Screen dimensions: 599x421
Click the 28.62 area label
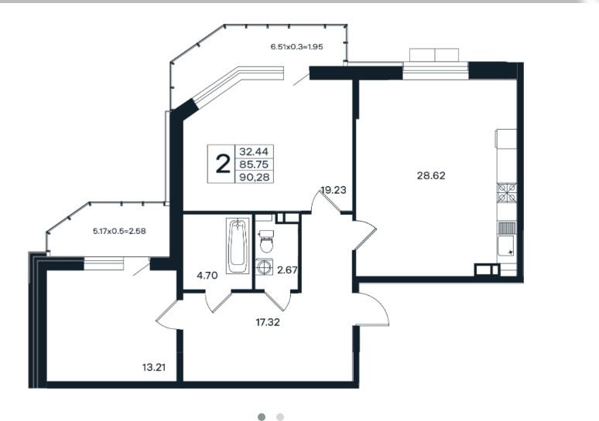coord(431,176)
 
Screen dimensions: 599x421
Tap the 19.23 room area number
coord(334,190)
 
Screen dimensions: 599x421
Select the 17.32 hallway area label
coord(268,323)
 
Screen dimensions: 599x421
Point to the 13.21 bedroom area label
coord(154,368)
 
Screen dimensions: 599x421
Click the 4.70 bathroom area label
coord(207,275)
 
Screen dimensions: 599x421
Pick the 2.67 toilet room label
coord(287,270)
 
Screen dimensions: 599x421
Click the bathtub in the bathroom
coord(238,246)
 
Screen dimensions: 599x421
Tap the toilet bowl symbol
coord(266,242)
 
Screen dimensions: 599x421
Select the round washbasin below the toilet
coord(265,267)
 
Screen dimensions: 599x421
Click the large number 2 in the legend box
coord(223,164)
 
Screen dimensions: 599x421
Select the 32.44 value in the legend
coord(254,151)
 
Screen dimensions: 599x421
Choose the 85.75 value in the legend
coord(254,165)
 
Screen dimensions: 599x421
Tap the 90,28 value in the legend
coord(254,177)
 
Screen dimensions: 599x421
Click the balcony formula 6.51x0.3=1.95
coord(297,47)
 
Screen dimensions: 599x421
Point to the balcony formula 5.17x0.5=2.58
coord(119,231)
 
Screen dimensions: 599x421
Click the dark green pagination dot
coord(262,417)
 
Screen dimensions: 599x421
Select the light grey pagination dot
coord(280,417)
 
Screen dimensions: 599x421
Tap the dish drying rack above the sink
coord(507,228)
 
